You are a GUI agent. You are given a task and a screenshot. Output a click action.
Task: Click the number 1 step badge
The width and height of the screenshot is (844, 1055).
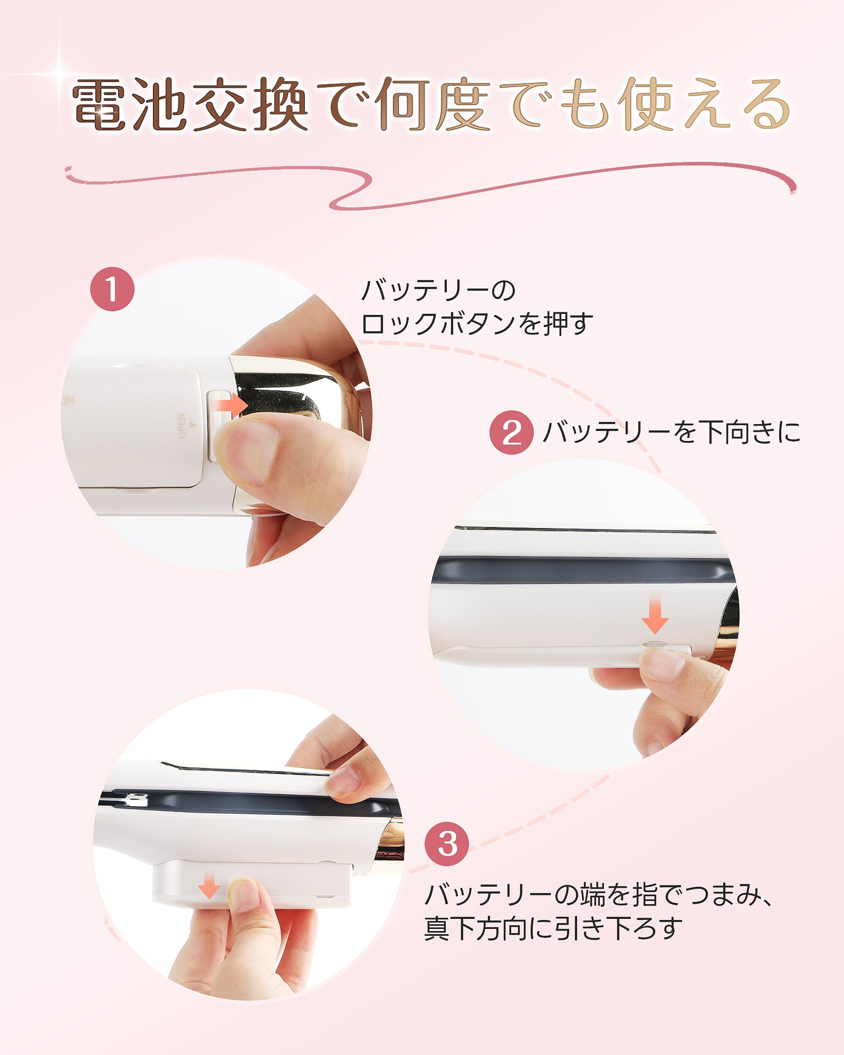[x=112, y=289]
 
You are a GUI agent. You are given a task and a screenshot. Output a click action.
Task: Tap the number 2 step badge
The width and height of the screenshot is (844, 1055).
[x=511, y=433]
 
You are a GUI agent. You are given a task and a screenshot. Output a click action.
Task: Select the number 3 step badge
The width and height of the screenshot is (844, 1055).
[x=447, y=844]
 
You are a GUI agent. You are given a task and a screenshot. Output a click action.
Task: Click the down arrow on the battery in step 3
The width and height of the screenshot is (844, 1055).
[x=209, y=886]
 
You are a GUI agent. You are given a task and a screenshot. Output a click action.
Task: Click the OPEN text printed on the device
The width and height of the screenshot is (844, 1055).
[x=181, y=426]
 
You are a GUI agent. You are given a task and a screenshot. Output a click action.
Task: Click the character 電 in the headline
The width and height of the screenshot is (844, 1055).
[x=99, y=105]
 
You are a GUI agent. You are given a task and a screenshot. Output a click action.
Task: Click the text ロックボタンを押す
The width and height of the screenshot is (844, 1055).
[x=477, y=323]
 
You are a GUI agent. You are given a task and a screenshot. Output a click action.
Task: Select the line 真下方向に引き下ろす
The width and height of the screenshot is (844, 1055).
[x=553, y=928]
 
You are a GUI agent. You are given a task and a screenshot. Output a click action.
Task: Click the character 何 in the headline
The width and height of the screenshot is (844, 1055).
[x=403, y=105]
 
